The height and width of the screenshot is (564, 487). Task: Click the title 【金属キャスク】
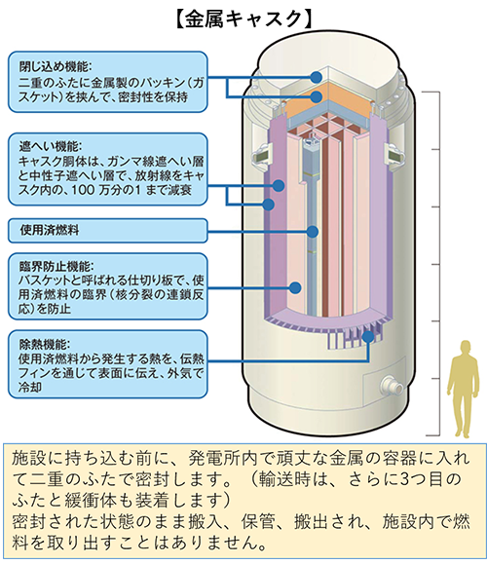click(x=243, y=19)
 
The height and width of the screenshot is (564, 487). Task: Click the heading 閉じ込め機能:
click(x=56, y=66)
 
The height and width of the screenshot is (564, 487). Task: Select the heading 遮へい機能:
click(x=51, y=147)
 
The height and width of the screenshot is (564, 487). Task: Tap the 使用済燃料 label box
click(x=108, y=230)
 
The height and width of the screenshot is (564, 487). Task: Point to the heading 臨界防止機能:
click(x=56, y=267)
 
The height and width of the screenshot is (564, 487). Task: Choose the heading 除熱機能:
click(x=45, y=345)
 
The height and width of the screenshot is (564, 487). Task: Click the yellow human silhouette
click(x=464, y=389)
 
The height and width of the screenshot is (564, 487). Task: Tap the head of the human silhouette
click(x=466, y=347)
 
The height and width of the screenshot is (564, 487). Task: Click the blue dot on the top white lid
click(x=317, y=77)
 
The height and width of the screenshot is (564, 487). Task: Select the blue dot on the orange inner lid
click(x=317, y=96)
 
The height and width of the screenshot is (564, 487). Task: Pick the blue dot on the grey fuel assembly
click(x=313, y=232)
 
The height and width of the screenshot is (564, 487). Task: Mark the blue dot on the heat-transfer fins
click(x=368, y=337)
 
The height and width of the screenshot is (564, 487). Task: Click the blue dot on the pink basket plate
click(x=295, y=287)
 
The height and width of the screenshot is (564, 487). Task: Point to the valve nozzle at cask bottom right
click(x=392, y=386)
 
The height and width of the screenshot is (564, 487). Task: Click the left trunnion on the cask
click(x=261, y=156)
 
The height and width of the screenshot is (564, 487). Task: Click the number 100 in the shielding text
click(x=83, y=190)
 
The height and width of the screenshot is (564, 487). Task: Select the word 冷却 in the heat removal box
click(x=30, y=387)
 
